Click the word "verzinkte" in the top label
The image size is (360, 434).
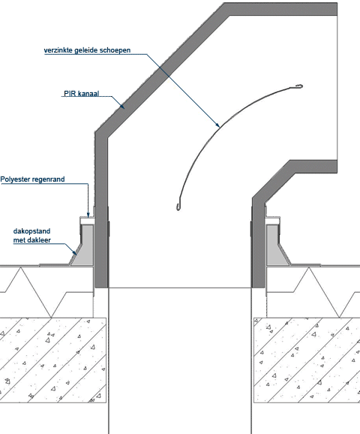coord(58,50)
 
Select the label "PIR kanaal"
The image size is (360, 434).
coord(81,94)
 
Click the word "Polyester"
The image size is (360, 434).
coord(15,179)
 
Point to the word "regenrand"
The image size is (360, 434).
coord(49,179)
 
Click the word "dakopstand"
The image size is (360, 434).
coord(31,231)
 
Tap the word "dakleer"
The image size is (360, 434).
coord(41,240)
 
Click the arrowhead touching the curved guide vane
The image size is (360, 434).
coord(217,125)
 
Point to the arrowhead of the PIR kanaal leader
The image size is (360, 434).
coord(121,106)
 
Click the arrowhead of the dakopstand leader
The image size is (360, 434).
coord(74,252)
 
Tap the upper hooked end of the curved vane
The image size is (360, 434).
coord(299,86)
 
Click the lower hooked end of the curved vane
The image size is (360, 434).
coord(178,206)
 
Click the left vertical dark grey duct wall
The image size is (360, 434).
coord(101,210)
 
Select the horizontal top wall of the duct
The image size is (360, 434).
coord(280,9)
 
